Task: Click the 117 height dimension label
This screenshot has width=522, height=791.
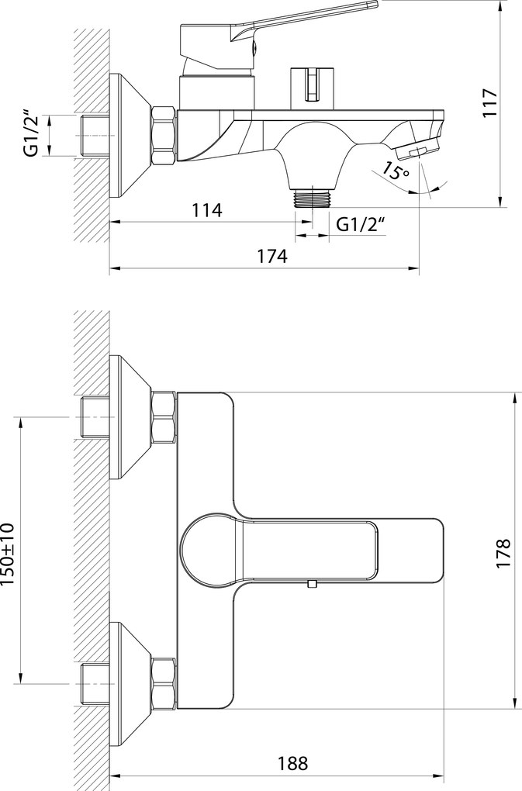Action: tap(490, 103)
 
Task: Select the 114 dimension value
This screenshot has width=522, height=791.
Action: tap(207, 210)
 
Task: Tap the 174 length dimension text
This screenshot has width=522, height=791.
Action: tap(272, 256)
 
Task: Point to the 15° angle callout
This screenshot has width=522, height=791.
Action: tap(395, 171)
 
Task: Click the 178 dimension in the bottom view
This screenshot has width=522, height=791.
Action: tap(504, 554)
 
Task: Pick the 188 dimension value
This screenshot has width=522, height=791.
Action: tap(292, 763)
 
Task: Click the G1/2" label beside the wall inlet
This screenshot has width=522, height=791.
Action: tap(31, 136)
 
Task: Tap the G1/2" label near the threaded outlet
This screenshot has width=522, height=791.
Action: tap(360, 224)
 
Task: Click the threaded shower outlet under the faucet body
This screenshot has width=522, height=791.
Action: tap(313, 198)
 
